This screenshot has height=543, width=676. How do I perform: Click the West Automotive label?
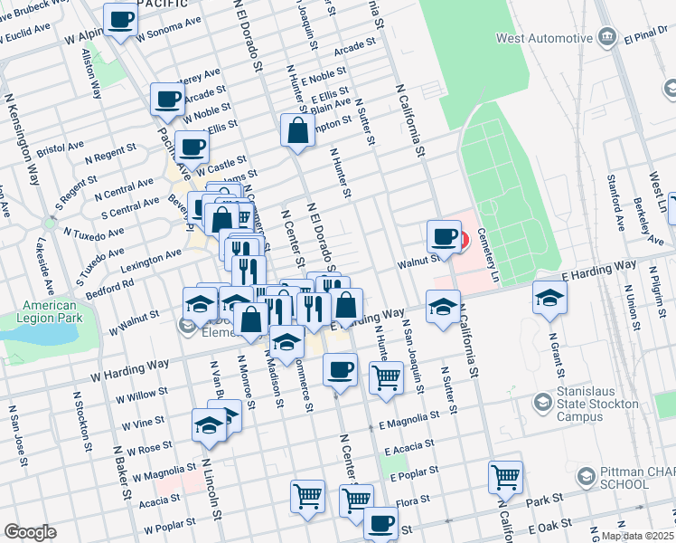click(x=543, y=38)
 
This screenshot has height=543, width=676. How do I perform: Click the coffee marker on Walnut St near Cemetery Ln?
click(x=444, y=237)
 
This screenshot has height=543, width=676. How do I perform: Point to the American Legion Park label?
click(x=49, y=311)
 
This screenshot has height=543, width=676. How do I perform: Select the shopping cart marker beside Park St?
click(x=505, y=477)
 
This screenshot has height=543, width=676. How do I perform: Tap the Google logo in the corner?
click(x=30, y=532)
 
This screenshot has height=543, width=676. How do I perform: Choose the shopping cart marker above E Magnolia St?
click(x=386, y=376)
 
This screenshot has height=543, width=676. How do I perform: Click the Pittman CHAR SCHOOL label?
click(x=624, y=477)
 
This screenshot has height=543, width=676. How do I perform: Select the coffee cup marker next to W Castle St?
click(x=191, y=147)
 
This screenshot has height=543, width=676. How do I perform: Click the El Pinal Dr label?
click(x=645, y=38)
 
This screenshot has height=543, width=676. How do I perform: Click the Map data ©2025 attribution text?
click(x=638, y=536)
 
